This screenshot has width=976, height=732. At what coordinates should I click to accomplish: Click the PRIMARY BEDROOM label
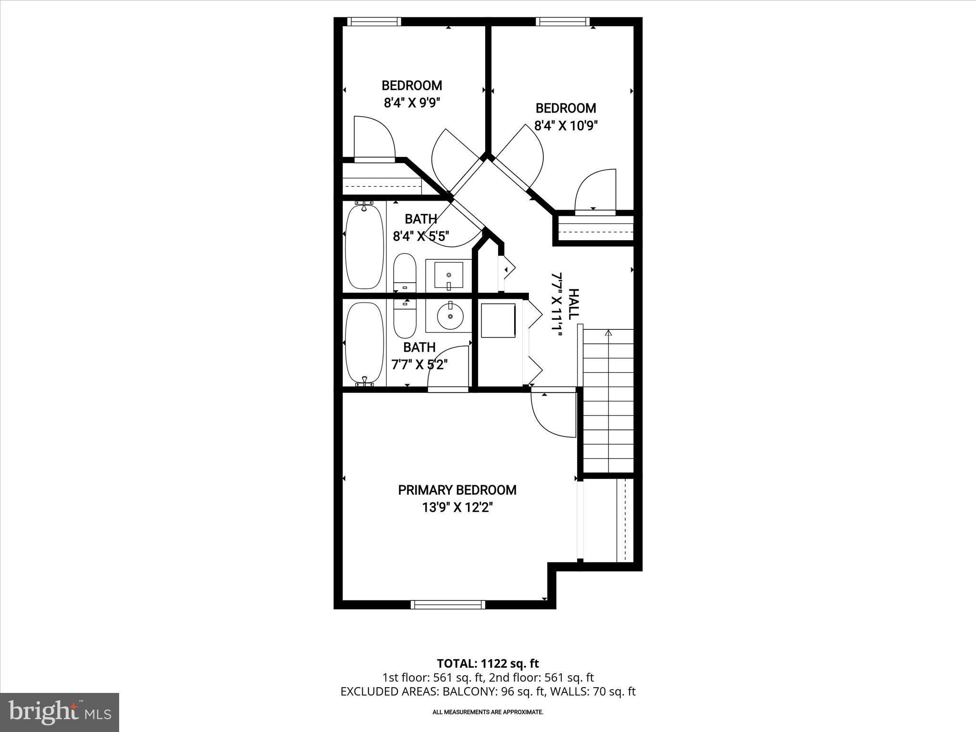coord(457,490)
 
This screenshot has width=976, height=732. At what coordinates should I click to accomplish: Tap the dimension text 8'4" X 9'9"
coord(411,103)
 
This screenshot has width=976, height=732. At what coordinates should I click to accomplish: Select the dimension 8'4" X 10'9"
coord(566,126)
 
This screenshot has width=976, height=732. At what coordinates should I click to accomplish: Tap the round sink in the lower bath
coord(449,316)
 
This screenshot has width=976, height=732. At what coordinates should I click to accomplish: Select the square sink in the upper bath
coord(448,275)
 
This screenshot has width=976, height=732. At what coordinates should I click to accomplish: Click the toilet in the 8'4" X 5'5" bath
coord(405,273)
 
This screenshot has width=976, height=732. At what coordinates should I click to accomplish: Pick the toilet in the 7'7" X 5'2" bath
coord(405,317)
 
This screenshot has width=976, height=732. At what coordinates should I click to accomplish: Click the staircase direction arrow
coord(608,334)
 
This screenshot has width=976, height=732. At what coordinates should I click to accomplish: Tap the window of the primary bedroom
coord(448,605)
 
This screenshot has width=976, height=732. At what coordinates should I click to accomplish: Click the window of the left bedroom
coord(374,21)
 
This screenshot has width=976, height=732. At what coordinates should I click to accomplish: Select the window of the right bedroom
coord(562,21)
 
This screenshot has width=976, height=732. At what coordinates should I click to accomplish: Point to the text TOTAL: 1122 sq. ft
coord(488,663)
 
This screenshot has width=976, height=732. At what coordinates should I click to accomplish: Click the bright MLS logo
coord(60,712)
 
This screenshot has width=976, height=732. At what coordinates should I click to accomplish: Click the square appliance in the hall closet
coord(498,320)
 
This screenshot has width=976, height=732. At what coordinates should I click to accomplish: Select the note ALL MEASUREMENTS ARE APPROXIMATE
coord(488,712)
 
